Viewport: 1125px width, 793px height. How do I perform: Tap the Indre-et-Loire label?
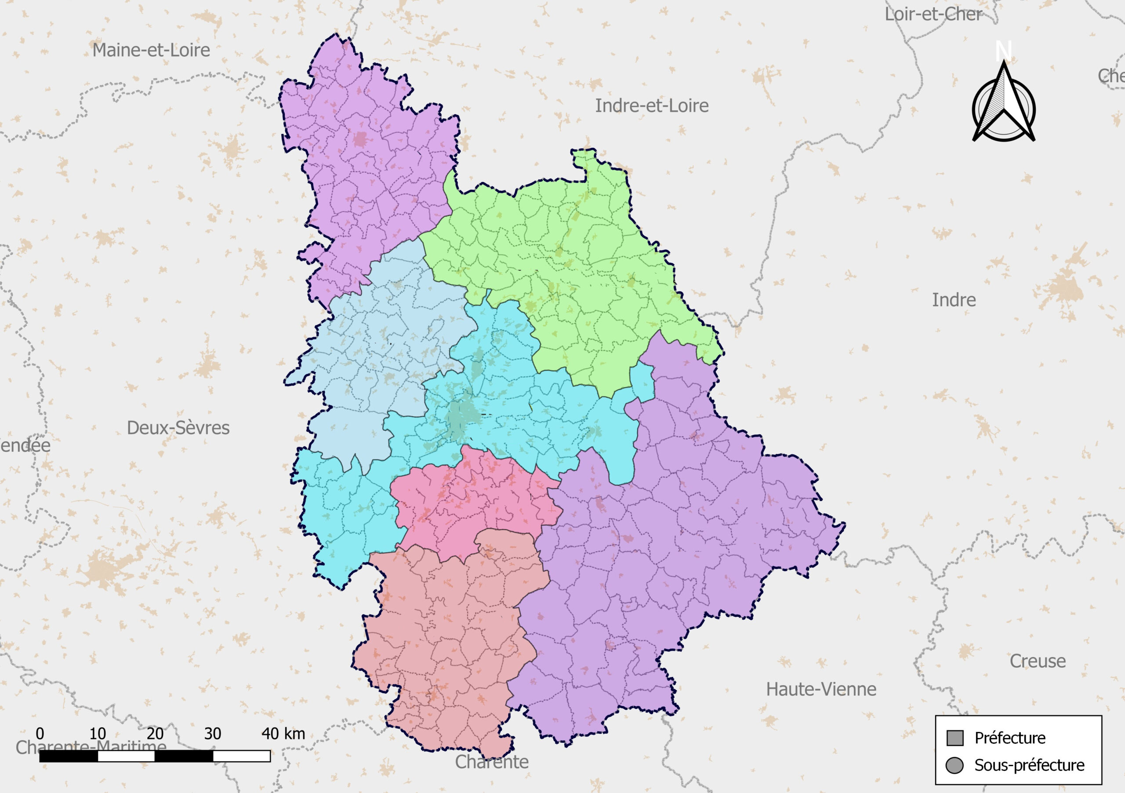tap(652, 106)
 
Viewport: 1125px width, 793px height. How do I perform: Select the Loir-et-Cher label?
tap(933, 14)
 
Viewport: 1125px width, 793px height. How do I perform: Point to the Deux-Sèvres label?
tap(178, 428)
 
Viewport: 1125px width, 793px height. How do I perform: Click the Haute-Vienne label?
tap(821, 689)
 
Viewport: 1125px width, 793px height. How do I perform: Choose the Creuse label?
tap(1037, 661)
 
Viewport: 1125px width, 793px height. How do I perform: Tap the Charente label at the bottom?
tap(491, 762)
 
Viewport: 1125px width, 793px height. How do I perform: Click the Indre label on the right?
tap(954, 300)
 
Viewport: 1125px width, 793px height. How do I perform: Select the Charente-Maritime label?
tap(91, 747)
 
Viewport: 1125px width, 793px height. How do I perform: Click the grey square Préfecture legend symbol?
tap(955, 738)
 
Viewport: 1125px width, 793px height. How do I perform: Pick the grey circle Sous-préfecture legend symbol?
tap(954, 765)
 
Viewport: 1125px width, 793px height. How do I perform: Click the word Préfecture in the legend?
tap(1010, 738)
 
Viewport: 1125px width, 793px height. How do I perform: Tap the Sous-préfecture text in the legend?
tap(1029, 765)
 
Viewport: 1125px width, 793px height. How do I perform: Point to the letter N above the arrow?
tap(1003, 51)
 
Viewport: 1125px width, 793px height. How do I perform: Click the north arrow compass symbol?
tap(1003, 108)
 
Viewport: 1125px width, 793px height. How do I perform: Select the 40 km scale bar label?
tap(283, 734)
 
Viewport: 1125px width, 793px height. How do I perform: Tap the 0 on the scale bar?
tap(40, 734)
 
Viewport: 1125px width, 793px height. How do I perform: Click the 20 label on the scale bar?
tap(155, 734)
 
